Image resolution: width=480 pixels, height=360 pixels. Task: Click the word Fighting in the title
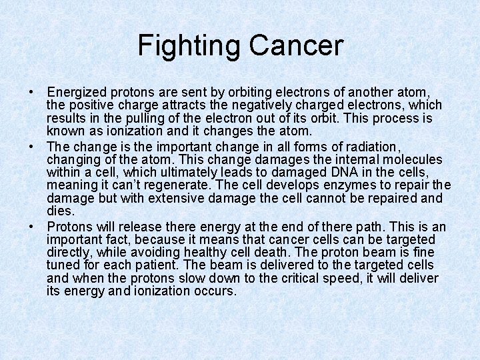coord(190,45)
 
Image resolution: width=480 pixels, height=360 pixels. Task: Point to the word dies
coord(59,211)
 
